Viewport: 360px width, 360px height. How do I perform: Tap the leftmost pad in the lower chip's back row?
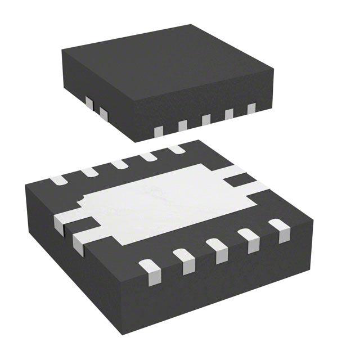point(58,181)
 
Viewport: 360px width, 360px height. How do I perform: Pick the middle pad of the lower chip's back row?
point(119,164)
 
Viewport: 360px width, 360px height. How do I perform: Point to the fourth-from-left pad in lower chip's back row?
point(148,157)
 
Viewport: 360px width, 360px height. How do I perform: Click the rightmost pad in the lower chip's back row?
point(176,150)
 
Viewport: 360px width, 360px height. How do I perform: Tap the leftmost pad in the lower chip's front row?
point(147,268)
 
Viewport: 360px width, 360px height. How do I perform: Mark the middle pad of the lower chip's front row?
point(215,248)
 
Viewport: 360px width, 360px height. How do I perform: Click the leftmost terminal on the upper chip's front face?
point(159,132)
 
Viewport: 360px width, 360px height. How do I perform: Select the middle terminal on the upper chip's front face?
point(206,119)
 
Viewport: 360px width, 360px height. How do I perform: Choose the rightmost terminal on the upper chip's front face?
point(251,108)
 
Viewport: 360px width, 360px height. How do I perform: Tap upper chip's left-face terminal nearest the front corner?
point(103,114)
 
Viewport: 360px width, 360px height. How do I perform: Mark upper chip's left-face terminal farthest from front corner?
point(89,102)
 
